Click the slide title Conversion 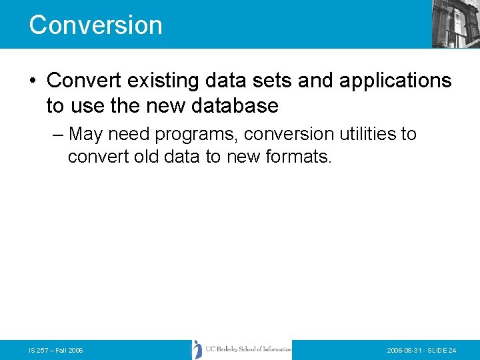click(95, 25)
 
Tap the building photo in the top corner click(455, 23)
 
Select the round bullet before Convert click(33, 81)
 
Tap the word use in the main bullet click(87, 105)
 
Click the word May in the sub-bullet click(85, 134)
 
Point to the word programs click(197, 135)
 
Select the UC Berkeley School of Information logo click(242, 349)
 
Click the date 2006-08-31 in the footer click(406, 350)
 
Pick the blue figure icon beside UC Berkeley click(197, 349)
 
